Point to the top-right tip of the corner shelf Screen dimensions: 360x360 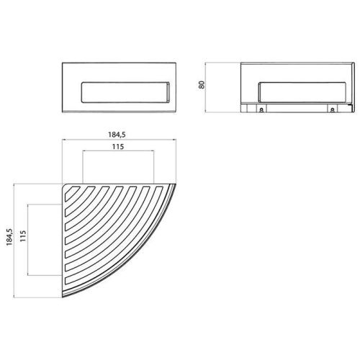175,186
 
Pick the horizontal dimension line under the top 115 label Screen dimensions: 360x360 119,152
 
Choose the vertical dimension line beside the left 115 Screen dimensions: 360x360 28,238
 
